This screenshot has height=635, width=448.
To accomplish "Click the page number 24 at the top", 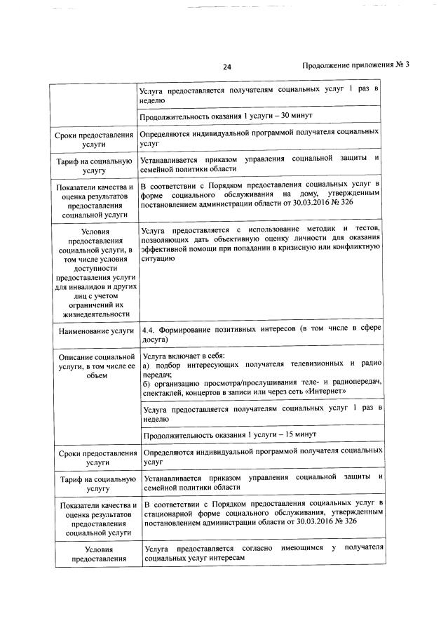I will tap(226, 67).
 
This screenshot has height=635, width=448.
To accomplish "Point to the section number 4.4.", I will tap(148, 329).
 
